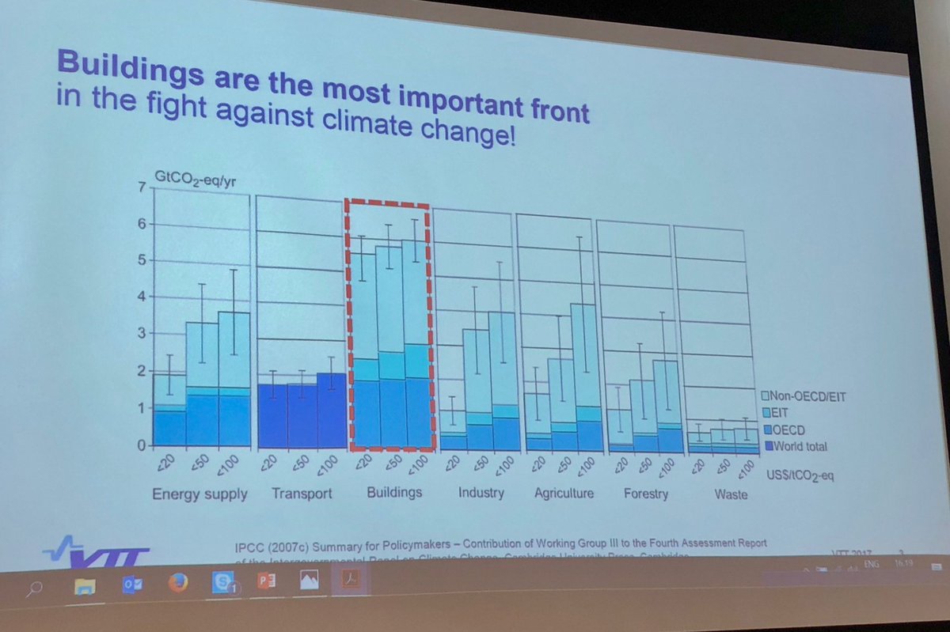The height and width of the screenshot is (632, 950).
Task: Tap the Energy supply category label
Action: [x=199, y=494]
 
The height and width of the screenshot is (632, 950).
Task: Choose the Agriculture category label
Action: [x=564, y=494]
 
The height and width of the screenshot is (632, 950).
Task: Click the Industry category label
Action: [x=481, y=493]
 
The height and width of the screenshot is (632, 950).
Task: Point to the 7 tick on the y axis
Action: [x=142, y=188]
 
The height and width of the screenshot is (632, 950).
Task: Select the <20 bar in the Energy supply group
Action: [x=169, y=411]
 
